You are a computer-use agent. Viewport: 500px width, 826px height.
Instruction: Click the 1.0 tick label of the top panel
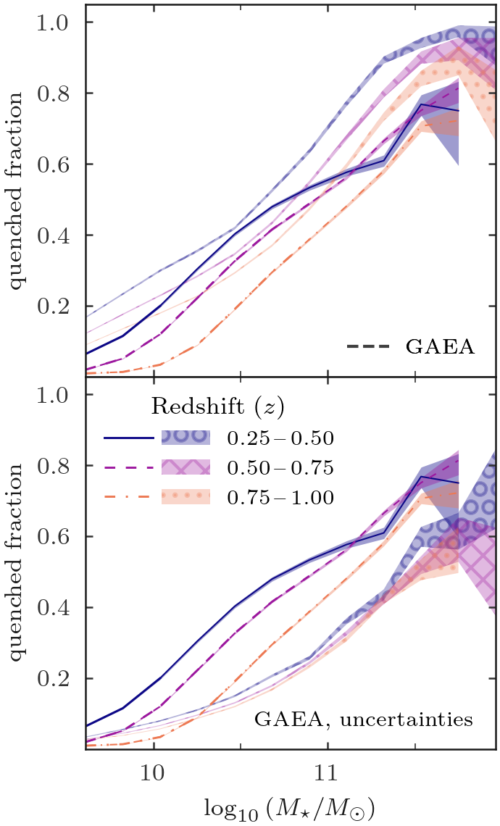tap(54, 22)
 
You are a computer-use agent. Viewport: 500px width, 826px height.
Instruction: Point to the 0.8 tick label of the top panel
tap(54, 93)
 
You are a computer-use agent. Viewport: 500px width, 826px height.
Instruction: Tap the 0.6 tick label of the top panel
tap(54, 164)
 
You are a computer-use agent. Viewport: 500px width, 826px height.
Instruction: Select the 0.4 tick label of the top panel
tap(54, 235)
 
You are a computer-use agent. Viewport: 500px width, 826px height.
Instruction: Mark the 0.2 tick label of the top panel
tap(54, 306)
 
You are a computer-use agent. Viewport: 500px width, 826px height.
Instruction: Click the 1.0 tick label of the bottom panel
tap(54, 396)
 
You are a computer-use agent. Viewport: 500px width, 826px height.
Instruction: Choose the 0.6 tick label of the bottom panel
tap(54, 537)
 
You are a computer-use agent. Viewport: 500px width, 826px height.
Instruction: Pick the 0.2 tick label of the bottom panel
tap(54, 680)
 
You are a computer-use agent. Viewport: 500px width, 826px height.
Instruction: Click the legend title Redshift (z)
tap(213, 407)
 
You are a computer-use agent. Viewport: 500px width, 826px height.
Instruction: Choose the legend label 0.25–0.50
tap(280, 438)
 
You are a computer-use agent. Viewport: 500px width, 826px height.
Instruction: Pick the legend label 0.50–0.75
tap(280, 468)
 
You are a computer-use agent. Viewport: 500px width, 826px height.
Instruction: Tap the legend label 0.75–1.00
tap(280, 498)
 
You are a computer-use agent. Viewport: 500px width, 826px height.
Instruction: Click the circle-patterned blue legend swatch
tap(186, 437)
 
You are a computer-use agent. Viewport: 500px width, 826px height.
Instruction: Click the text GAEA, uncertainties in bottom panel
tap(364, 720)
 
